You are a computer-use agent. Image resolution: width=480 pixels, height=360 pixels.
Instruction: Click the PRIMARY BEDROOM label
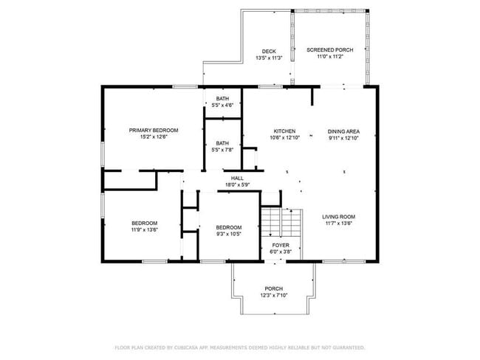(154, 130)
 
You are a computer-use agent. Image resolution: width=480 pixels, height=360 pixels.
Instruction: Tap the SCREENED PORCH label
(330, 50)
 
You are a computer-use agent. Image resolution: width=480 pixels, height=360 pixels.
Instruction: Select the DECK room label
(269, 51)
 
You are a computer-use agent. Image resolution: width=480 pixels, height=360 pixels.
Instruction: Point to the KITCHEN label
(284, 131)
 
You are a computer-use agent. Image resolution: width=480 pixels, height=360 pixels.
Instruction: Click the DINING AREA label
(343, 131)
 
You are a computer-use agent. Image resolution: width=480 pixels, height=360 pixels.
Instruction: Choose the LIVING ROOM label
(339, 216)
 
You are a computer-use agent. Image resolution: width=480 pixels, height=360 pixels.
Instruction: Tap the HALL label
(237, 178)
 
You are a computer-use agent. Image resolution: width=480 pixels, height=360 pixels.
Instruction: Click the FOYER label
(280, 245)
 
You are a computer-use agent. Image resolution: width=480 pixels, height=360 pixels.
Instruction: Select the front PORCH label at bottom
(273, 288)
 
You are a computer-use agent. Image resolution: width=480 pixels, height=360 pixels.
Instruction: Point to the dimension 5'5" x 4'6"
(222, 105)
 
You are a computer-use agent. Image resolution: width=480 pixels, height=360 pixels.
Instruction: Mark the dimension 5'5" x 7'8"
(222, 150)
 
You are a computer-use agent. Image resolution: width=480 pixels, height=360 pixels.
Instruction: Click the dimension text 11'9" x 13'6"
(145, 229)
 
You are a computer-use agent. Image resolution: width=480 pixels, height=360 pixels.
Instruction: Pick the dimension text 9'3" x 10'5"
(229, 234)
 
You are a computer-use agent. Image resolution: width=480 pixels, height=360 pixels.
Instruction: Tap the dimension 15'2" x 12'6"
(154, 137)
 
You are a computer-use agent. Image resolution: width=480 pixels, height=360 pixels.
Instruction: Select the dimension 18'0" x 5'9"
(237, 184)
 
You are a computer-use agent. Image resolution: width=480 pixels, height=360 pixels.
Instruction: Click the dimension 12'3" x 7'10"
(273, 296)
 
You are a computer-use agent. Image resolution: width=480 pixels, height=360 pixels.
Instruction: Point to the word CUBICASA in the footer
(191, 347)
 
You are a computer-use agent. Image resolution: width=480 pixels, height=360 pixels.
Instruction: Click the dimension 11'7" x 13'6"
(339, 224)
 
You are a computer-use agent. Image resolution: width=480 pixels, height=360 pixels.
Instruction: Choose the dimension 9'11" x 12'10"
(343, 138)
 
